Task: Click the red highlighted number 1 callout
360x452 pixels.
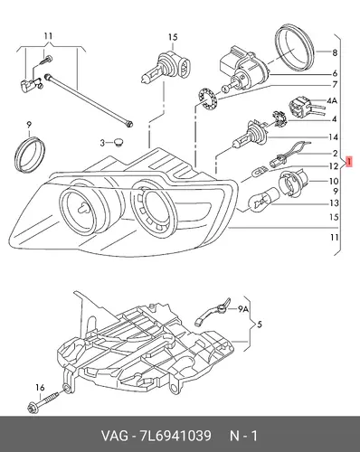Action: tap(348, 162)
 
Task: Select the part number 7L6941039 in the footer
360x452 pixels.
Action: tap(175, 436)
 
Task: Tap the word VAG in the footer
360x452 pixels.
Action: tap(115, 436)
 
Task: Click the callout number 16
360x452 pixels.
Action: tap(40, 388)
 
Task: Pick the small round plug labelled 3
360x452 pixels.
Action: tap(120, 143)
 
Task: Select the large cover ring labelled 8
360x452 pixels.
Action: tap(295, 47)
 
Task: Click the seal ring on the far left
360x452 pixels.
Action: tap(30, 155)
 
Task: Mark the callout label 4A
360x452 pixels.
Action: tap(331, 100)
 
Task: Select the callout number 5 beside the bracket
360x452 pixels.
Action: tap(260, 325)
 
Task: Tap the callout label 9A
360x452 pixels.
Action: tap(243, 309)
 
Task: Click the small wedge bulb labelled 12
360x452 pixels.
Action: tap(260, 173)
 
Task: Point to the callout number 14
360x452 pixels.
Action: tap(333, 137)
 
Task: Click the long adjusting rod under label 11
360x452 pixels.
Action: tap(89, 100)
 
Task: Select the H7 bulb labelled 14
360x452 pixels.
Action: tap(251, 135)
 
